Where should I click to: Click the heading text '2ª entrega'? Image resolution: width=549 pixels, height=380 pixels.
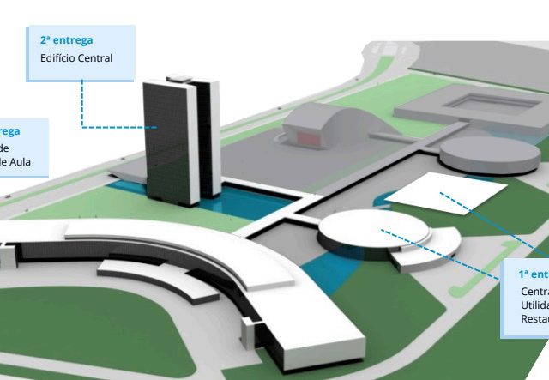[x=66, y=40]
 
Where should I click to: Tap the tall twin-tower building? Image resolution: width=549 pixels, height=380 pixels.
[x=172, y=137]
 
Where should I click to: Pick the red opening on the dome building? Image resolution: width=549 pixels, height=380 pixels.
[x=305, y=136]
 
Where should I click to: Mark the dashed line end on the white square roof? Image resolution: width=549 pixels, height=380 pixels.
[x=440, y=193]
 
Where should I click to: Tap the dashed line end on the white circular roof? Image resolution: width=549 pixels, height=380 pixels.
[x=382, y=229]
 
